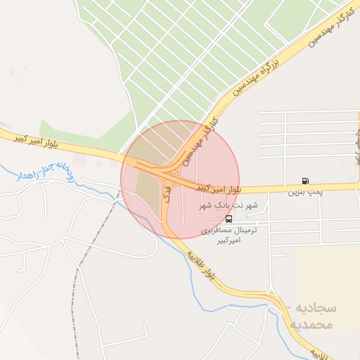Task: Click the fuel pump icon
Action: coord(305,181)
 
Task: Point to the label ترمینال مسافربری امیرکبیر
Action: coord(230,235)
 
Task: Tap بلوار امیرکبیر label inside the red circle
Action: coord(217,188)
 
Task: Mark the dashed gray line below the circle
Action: coord(88,260)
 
